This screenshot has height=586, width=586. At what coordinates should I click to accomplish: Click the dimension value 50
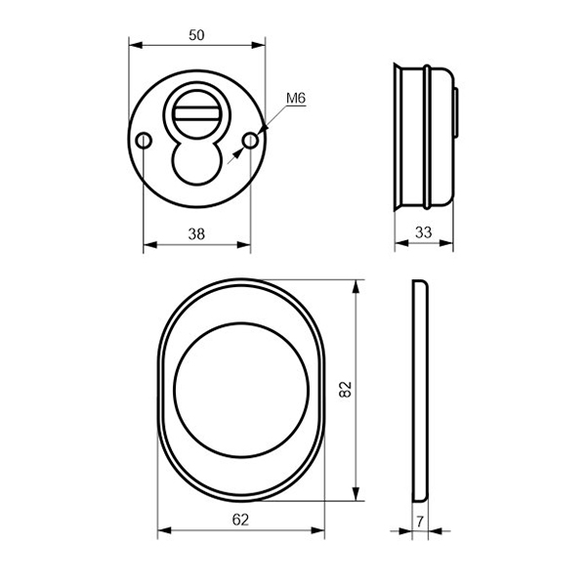pyautogui.click(x=196, y=35)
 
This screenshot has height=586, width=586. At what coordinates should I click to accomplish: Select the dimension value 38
pyautogui.click(x=196, y=234)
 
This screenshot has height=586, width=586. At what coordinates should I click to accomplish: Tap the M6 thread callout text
pyautogui.click(x=296, y=99)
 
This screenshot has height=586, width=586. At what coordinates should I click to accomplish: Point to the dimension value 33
pyautogui.click(x=424, y=232)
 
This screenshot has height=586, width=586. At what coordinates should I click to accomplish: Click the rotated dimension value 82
pyautogui.click(x=346, y=389)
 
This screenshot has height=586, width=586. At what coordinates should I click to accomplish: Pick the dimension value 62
pyautogui.click(x=240, y=520)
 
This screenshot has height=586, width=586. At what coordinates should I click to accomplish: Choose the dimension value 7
pyautogui.click(x=420, y=522)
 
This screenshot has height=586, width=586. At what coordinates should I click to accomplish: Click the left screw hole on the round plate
pyautogui.click(x=144, y=141)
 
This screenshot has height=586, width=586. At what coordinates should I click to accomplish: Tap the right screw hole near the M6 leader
pyautogui.click(x=250, y=141)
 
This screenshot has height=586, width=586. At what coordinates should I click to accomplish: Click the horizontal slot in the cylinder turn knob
pyautogui.click(x=197, y=113)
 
